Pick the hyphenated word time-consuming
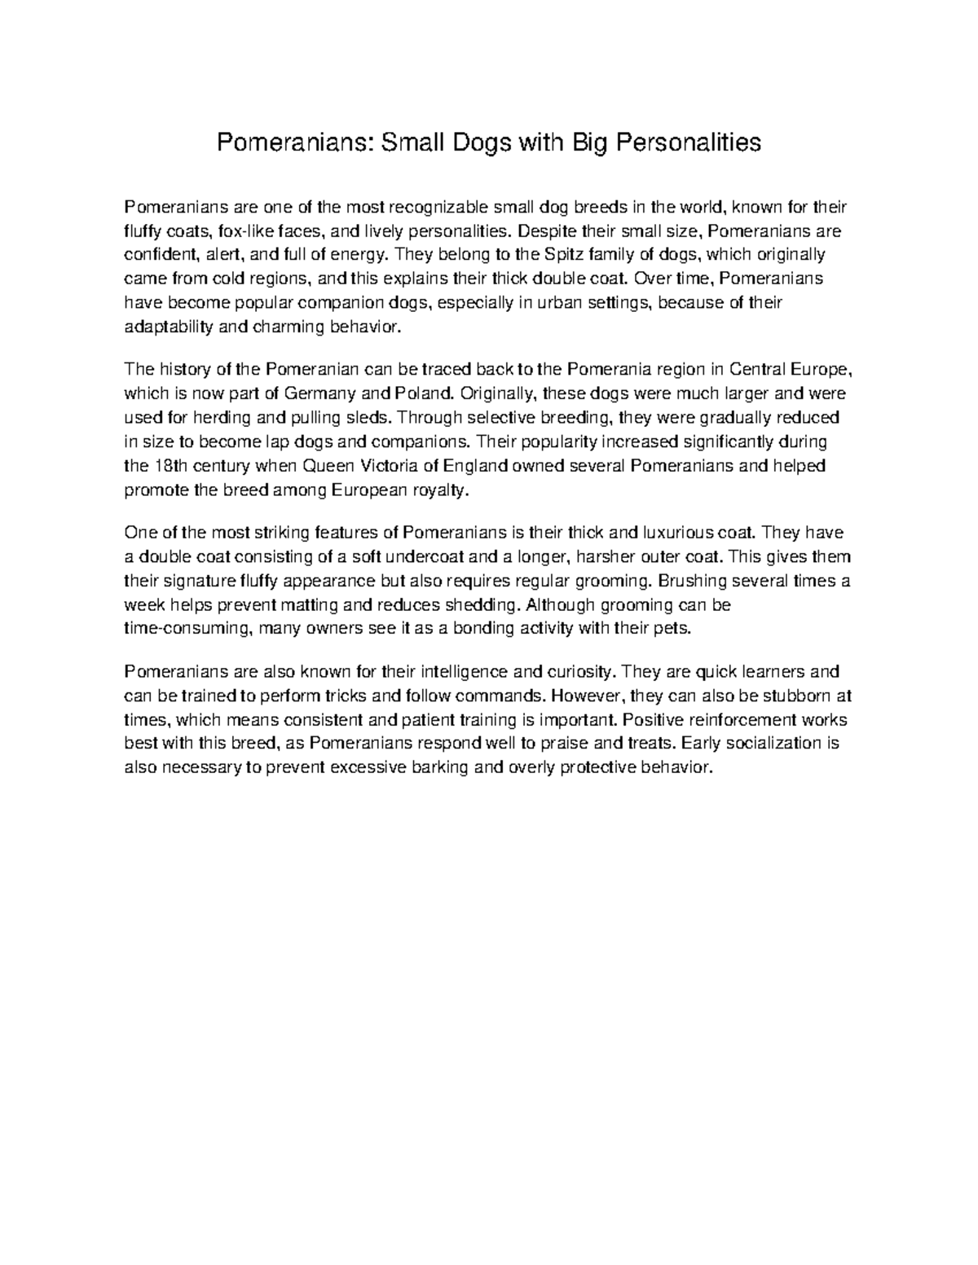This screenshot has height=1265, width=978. [x=187, y=629]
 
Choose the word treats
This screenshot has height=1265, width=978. [x=650, y=743]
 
